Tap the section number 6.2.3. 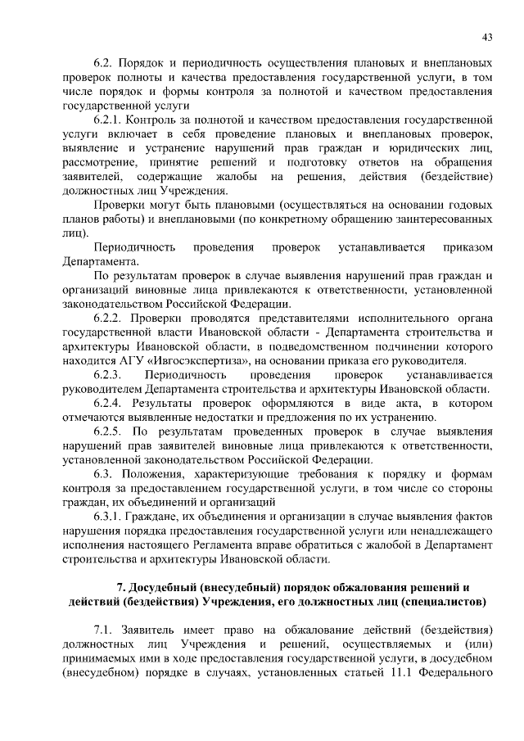pyautogui.click(x=112, y=376)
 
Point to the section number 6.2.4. pyautogui.click(x=111, y=404)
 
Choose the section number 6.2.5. pyautogui.click(x=111, y=432)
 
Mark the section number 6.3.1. pyautogui.click(x=111, y=517)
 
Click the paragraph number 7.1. pyautogui.click(x=106, y=630)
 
